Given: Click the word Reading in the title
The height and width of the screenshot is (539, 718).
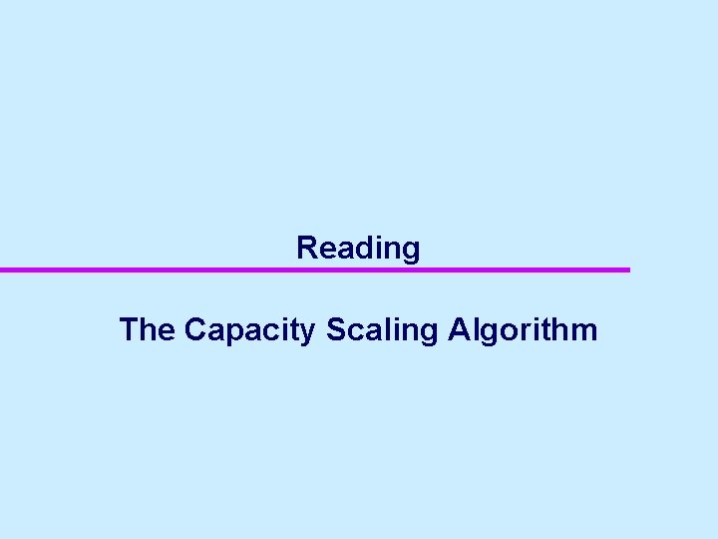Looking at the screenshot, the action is [x=358, y=248].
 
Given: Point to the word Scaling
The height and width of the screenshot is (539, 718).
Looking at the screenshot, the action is [x=382, y=330].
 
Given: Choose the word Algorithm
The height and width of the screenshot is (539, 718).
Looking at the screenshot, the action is [x=523, y=330].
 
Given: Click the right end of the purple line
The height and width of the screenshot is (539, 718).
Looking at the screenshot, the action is [x=628, y=269].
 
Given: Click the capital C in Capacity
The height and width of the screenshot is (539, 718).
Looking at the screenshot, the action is [x=196, y=329].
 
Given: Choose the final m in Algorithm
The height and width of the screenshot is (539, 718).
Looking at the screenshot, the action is [x=583, y=331].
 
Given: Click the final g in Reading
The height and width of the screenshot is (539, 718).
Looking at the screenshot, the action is [x=410, y=251].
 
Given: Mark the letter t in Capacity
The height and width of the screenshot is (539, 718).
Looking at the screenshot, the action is [x=293, y=330].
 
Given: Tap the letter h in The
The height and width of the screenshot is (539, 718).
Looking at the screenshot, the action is [x=148, y=329].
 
